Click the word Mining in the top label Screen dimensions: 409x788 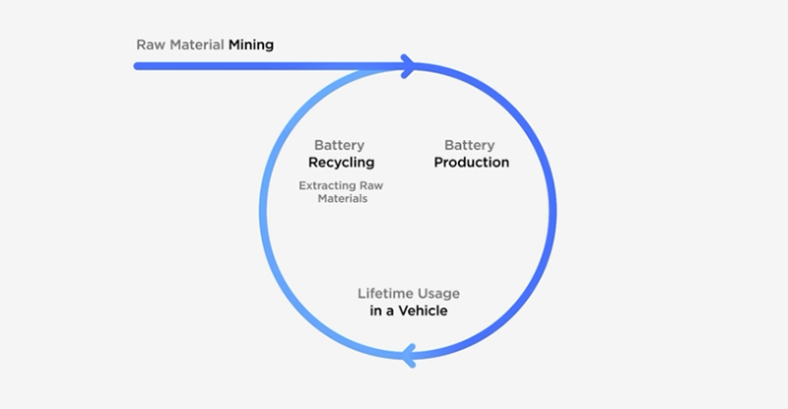click(x=251, y=44)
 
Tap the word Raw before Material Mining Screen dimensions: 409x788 click(x=149, y=44)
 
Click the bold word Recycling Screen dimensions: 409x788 click(x=342, y=162)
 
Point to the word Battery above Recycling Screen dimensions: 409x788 click(x=340, y=144)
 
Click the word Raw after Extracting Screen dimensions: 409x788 click(x=368, y=184)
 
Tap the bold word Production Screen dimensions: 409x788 click(x=471, y=162)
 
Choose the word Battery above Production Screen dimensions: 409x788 click(x=470, y=144)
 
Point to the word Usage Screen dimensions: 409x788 click(x=438, y=294)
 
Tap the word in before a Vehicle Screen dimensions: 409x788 click(x=362, y=311)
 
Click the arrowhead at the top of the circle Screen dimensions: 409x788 click(x=407, y=67)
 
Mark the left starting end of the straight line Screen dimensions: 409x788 click(x=138, y=67)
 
